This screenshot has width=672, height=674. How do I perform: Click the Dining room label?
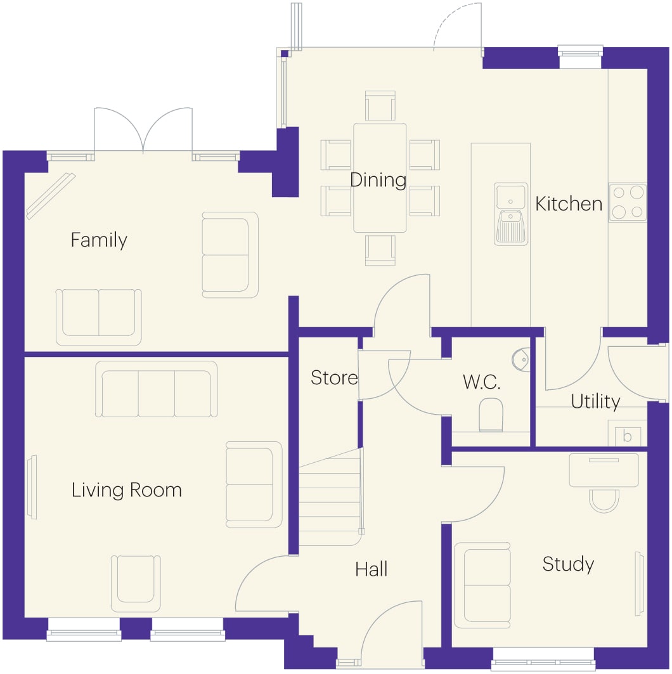(378, 181)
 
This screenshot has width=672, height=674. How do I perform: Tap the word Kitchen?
(569, 204)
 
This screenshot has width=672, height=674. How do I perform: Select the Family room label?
(99, 240)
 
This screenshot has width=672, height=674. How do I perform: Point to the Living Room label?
(127, 491)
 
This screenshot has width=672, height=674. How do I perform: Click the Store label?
(334, 378)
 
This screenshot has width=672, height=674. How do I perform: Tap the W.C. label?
(482, 382)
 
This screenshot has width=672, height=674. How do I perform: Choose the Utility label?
(595, 402)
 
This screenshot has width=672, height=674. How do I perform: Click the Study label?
(568, 564)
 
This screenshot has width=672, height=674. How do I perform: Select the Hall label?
(372, 569)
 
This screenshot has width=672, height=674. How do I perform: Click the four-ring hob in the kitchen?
(628, 202)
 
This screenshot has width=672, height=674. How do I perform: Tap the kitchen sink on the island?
(511, 214)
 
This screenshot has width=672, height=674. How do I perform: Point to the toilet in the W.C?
(491, 415)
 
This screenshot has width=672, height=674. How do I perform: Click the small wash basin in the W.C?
(521, 360)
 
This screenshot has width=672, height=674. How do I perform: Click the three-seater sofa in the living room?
(157, 389)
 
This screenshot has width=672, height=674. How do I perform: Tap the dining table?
(380, 178)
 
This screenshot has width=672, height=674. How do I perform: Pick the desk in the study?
(604, 470)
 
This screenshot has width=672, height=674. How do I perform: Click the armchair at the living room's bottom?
(136, 583)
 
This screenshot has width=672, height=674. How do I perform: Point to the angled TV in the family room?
(51, 196)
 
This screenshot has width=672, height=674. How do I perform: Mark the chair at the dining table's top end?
(380, 105)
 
